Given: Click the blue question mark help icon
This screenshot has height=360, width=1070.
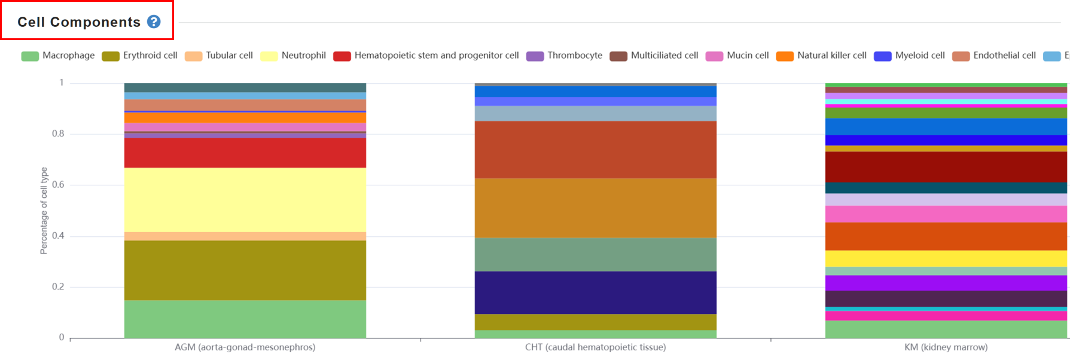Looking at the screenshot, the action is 154,22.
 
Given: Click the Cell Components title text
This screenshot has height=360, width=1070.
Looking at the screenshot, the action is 79,22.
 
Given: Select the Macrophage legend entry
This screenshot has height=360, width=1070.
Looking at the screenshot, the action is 58,56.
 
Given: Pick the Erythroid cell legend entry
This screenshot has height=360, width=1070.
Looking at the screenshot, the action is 140,56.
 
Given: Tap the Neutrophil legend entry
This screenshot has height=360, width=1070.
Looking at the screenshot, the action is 293,56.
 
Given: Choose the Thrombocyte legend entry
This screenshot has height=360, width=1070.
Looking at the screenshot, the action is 565,56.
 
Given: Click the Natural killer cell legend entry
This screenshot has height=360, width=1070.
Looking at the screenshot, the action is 821,56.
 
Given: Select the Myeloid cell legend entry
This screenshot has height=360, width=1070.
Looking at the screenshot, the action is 909,56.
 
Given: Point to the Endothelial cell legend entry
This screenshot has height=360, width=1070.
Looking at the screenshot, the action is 994,56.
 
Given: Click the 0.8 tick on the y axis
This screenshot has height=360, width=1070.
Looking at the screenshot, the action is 58,134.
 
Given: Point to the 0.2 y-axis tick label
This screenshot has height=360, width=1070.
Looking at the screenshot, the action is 58,287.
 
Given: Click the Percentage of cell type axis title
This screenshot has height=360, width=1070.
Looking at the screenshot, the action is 44,210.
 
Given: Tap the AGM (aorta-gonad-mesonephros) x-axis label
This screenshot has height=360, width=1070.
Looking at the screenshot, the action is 245,347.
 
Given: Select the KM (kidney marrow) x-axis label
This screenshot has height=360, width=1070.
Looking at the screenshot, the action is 946,347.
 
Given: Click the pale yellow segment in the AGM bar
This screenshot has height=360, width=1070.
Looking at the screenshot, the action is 245,200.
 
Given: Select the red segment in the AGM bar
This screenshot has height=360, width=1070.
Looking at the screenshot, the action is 245,153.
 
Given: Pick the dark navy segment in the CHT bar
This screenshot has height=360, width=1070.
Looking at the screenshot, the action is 596,293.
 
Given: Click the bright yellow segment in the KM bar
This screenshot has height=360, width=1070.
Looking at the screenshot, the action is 946,258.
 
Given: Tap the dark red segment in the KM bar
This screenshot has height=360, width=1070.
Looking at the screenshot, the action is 946,167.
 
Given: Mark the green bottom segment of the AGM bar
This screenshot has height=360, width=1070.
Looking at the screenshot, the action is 245,319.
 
